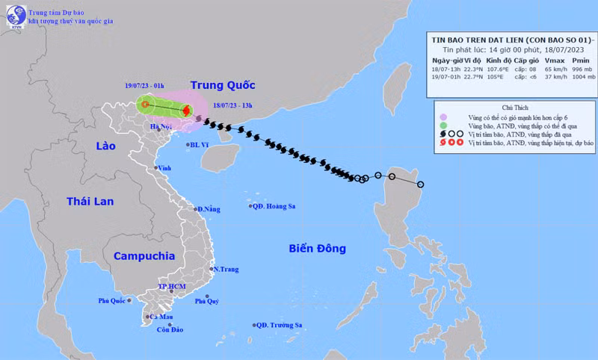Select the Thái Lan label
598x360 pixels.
pyautogui.click(x=89, y=202)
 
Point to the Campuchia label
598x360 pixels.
pyautogui.click(x=144, y=255)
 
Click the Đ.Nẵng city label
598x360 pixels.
pyautogui.click(x=209, y=209)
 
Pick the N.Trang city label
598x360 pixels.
pyautogui.click(x=225, y=269)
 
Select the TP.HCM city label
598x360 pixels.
pyautogui.click(x=172, y=288)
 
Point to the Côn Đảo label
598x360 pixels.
pyautogui.click(x=170, y=330)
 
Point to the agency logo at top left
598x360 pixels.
pyautogui.click(x=14, y=13)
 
